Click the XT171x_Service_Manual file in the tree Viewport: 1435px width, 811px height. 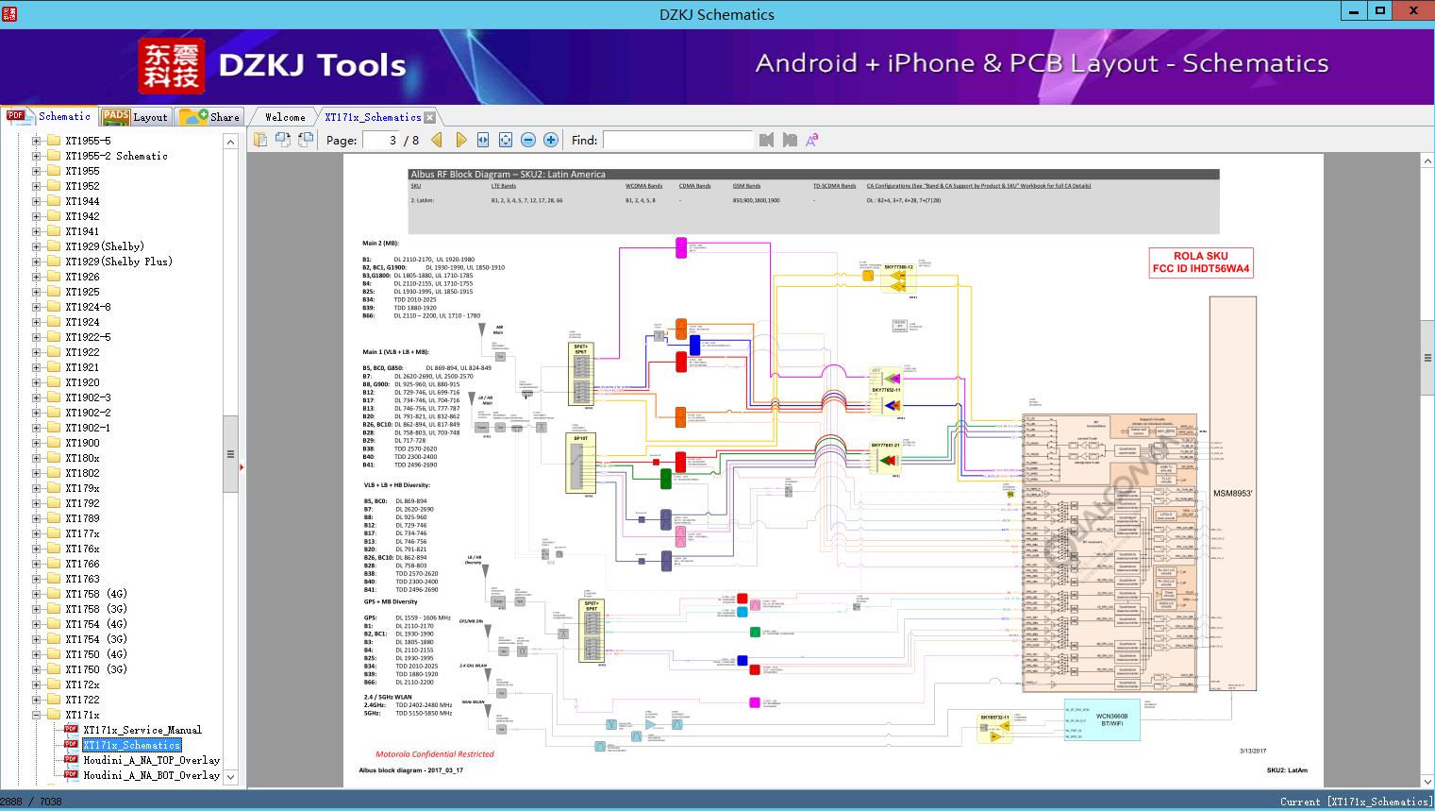click(x=142, y=730)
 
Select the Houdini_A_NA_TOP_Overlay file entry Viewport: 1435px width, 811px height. click(x=151, y=760)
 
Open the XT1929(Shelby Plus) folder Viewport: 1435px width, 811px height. click(x=118, y=262)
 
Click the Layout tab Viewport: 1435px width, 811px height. click(x=136, y=117)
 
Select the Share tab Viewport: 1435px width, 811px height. click(x=210, y=117)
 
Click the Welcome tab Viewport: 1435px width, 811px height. click(x=285, y=117)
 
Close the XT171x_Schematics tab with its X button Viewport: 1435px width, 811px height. click(x=430, y=117)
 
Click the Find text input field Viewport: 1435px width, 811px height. click(x=677, y=140)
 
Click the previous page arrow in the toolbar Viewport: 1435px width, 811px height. click(x=437, y=140)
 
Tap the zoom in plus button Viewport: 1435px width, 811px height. click(x=551, y=140)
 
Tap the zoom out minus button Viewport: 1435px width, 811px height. click(x=528, y=140)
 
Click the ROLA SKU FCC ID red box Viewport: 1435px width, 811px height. click(x=1200, y=262)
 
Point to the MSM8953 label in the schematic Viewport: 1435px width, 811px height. click(x=1232, y=494)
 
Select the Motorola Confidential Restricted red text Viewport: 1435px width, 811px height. click(x=435, y=754)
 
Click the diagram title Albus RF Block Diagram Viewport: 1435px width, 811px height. click(x=508, y=175)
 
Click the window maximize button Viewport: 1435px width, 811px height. click(x=1380, y=11)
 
